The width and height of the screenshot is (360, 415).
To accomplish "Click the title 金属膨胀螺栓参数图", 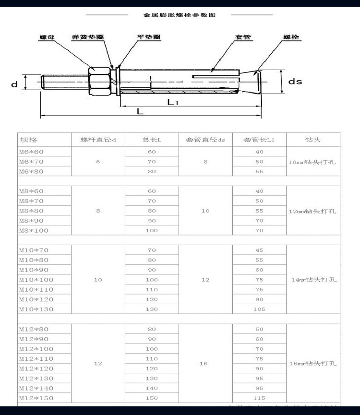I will pos(180,15).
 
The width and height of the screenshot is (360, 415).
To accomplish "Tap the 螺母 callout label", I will pos(46,37).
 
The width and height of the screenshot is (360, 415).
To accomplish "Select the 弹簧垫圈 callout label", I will pos(88,37).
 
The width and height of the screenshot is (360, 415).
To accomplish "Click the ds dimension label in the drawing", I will pos(295,82).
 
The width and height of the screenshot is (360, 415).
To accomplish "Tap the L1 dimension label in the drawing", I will pos(173,102).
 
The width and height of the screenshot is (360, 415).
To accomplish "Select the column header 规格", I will pos(28,140).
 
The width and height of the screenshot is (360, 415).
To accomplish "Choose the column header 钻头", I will pos(312,140).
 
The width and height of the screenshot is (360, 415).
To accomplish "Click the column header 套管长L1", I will pos(259,140).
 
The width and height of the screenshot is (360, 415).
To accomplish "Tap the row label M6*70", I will pos(31,162).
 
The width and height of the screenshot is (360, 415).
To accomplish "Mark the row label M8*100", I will pos(34,231).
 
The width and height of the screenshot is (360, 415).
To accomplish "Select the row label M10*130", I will pos(36,309).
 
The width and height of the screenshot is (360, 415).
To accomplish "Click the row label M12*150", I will pos(36,398).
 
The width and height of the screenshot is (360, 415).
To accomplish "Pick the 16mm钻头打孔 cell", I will pos(312,364).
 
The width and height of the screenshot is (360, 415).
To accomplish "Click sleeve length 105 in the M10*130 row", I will pos(259,309).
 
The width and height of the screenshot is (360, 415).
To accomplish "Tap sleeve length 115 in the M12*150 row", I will pos(259,398).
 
